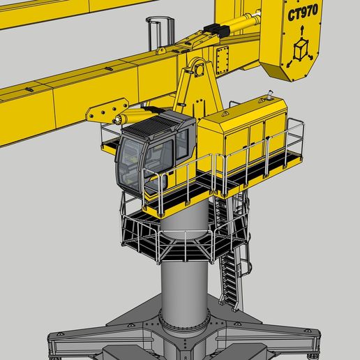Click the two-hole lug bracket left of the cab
[105, 112]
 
